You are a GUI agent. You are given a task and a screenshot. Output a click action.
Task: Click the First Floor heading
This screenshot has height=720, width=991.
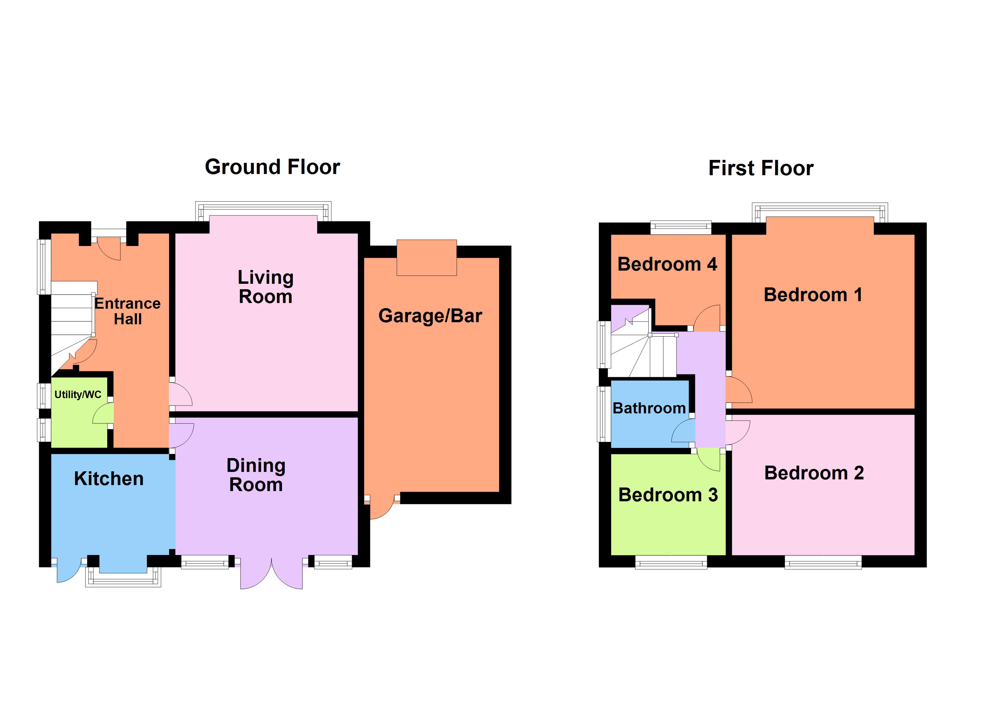pos(761,168)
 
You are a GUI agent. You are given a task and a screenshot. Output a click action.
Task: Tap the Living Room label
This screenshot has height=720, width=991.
pos(265,287)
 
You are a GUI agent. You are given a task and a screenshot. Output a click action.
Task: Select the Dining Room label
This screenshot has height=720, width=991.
pos(256,475)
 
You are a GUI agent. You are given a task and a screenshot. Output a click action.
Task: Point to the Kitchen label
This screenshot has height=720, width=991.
pos(109,478)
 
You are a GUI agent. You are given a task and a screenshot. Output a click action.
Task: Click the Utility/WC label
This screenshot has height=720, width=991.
pos(78,394)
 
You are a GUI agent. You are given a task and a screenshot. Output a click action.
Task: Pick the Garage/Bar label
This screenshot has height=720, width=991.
pos(430,316)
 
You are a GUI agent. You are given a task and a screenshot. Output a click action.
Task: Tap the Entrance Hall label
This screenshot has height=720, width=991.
pos(128,311)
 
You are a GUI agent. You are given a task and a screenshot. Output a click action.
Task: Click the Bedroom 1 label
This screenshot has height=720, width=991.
pos(813,295)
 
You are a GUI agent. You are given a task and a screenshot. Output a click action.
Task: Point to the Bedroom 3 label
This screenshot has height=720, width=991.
pos(668,495)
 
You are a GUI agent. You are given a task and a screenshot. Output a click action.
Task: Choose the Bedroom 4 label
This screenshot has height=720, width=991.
pos(667,264)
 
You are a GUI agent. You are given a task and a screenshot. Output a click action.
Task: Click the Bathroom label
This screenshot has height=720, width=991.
pos(649,408)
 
